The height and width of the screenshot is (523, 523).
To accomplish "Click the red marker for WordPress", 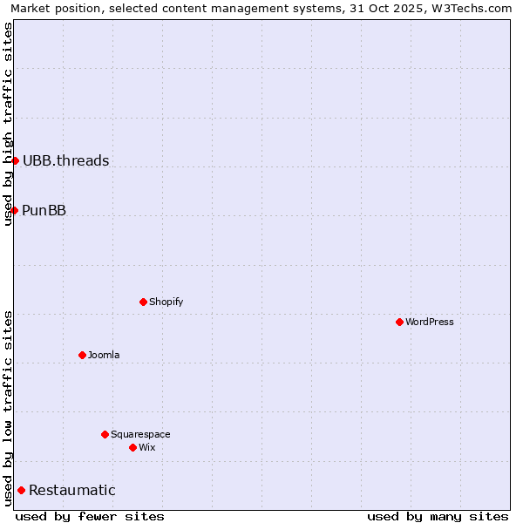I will pos(399,322).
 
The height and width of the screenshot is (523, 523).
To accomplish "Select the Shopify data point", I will pos(143,302).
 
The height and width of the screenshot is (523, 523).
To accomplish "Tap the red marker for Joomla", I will pos(82,355).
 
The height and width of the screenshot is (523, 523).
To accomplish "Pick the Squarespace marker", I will pos(105,434).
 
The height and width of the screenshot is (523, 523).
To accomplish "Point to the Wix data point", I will pos(132,447).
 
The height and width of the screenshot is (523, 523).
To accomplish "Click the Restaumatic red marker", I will pos(21,490).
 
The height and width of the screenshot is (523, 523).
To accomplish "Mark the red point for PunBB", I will pos(14,210).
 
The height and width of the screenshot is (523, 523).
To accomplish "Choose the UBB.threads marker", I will pos(15,160).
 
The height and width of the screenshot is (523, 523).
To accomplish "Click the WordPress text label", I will pos(430,322).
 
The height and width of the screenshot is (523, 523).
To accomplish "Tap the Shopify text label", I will pos(166,302).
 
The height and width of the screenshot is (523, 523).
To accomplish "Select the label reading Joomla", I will pos(104,355).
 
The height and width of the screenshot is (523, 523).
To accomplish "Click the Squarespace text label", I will pos(140,434).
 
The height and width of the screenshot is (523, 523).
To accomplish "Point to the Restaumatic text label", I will pos(72,490).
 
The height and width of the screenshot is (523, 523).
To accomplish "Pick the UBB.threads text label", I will pos(66,160).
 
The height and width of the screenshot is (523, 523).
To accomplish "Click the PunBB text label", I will pos(44,210).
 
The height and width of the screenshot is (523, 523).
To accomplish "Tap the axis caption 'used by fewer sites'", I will pos(90,516).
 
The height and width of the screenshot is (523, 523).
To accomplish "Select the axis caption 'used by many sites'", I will pos(438,516).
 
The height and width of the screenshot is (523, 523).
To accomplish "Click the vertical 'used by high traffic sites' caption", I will pos(8,124).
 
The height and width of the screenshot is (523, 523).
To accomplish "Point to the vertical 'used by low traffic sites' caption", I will pos(8,407).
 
